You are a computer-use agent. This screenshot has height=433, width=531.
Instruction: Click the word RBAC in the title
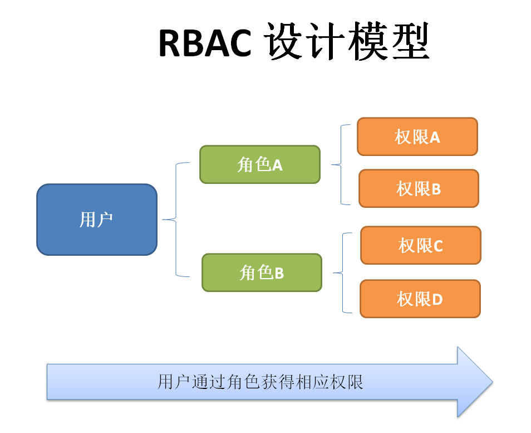(205, 43)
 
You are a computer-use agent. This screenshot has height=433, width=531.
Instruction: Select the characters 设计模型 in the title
(348, 43)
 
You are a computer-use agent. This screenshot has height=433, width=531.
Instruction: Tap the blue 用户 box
(97, 220)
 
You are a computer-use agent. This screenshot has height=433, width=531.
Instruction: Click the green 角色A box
(260, 164)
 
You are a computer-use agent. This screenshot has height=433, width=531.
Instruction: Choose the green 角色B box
(262, 273)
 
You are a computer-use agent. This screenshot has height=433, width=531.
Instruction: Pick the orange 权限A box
(417, 137)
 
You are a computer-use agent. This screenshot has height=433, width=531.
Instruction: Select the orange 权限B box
(419, 188)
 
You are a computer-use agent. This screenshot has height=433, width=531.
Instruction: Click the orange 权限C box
(421, 245)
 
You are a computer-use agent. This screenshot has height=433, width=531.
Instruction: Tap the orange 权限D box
(420, 299)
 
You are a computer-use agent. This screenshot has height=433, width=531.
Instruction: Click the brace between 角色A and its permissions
(340, 164)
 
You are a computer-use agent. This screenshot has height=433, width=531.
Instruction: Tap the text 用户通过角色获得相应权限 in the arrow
(260, 382)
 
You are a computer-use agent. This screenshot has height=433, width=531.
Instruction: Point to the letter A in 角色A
(277, 165)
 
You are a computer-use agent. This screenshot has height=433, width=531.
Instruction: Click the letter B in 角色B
(279, 273)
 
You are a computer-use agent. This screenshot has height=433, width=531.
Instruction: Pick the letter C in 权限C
(437, 246)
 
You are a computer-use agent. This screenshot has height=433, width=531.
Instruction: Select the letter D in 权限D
(437, 300)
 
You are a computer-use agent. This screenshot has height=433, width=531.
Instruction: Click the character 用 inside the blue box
(88, 220)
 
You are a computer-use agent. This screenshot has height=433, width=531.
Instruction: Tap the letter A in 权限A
(435, 137)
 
